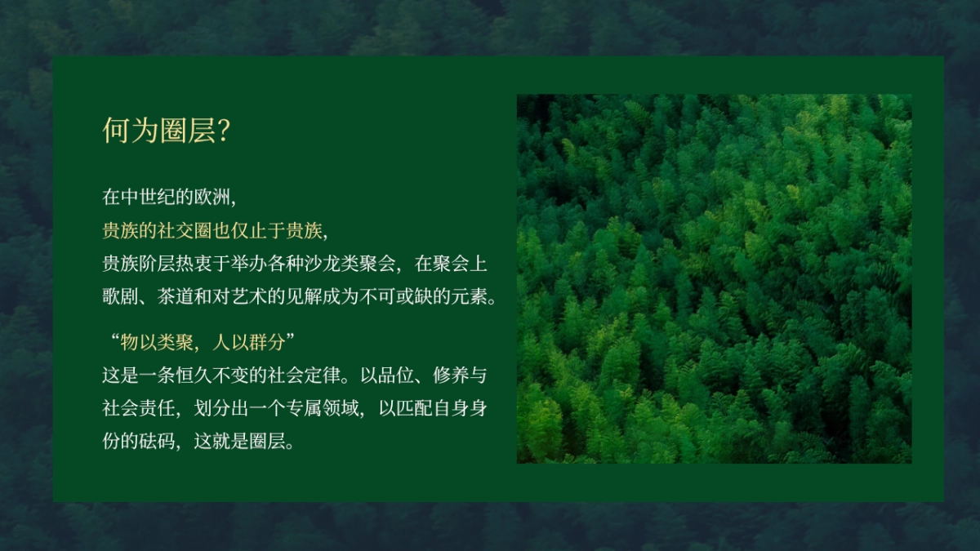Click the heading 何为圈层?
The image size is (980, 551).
[164, 131]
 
